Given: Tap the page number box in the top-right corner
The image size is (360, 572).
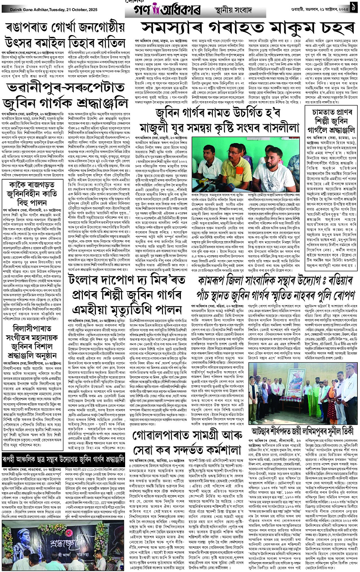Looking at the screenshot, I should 354,7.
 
